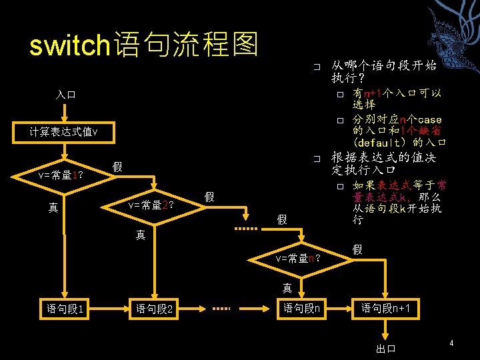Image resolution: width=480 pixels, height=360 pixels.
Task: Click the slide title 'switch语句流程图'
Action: (143, 45)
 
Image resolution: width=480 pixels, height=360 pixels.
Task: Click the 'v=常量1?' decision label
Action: (61, 175)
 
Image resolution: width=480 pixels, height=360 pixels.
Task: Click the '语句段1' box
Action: (65, 309)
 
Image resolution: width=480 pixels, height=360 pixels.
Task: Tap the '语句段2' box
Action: (155, 309)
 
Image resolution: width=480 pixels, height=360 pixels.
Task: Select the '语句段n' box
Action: (301, 309)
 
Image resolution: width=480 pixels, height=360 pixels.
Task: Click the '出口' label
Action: (386, 348)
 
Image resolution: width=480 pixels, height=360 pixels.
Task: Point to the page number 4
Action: (451, 343)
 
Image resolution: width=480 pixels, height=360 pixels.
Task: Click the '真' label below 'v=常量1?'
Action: (53, 208)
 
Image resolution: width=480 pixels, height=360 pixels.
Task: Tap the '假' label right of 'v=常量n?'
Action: (358, 249)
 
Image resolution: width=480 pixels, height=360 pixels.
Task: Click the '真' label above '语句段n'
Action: (287, 288)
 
